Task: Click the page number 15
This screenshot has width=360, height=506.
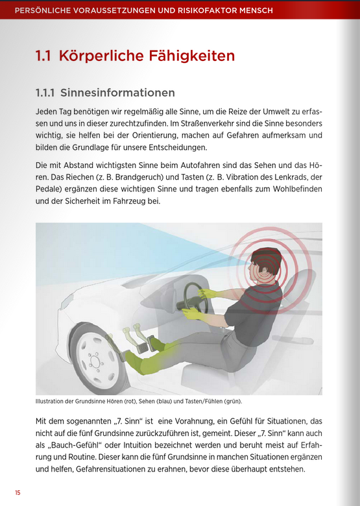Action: pyautogui.click(x=18, y=493)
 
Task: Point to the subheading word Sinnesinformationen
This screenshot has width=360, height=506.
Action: pyautogui.click(x=117, y=93)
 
